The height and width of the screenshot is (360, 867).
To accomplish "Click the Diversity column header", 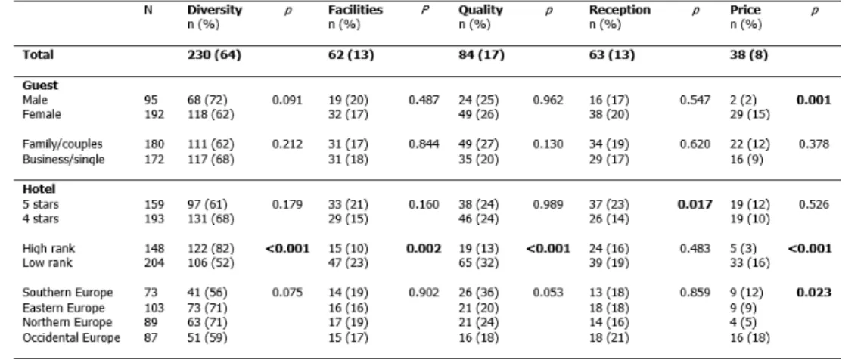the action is pyautogui.click(x=215, y=10).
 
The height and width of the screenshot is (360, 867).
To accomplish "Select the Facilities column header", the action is pyautogui.click(x=356, y=10).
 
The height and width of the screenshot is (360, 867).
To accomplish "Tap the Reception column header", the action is pyautogui.click(x=620, y=10).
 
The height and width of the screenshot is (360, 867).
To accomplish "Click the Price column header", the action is pyautogui.click(x=745, y=10).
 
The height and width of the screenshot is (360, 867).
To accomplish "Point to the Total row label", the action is pyautogui.click(x=38, y=54).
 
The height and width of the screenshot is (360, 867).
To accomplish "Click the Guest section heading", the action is pyautogui.click(x=40, y=85).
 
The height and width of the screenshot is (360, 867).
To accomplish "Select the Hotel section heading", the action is pyautogui.click(x=39, y=189).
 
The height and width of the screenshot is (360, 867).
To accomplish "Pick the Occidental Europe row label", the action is pyautogui.click(x=71, y=337).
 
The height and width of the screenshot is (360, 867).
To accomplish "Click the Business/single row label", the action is pyautogui.click(x=64, y=160).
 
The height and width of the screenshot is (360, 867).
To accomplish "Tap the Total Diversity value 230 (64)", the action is pyautogui.click(x=214, y=54).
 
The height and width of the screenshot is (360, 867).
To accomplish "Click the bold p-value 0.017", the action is pyautogui.click(x=695, y=205).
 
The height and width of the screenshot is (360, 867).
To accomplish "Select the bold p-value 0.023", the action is pyautogui.click(x=813, y=293).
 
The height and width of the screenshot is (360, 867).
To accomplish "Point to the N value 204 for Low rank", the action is pyautogui.click(x=154, y=263).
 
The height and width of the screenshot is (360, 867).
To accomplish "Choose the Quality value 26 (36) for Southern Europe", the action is pyautogui.click(x=478, y=293).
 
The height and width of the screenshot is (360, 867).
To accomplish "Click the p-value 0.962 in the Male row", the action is pyautogui.click(x=548, y=100).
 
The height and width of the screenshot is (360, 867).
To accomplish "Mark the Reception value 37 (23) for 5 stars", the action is pyautogui.click(x=609, y=205).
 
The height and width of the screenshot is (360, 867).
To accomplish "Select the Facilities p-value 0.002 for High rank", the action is pyautogui.click(x=424, y=249).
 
